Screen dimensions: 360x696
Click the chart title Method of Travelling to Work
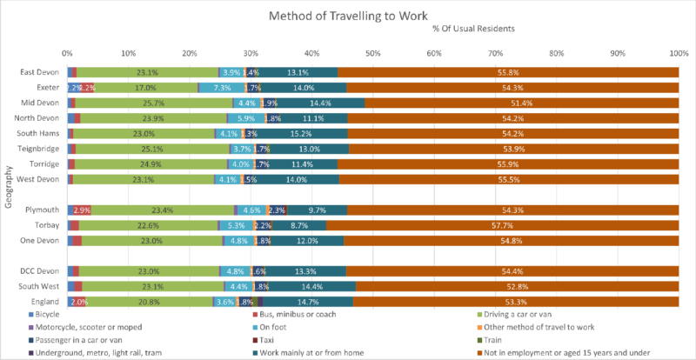point(347,16)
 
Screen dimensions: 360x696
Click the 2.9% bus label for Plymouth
point(82,210)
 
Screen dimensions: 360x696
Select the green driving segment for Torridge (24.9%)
point(151,163)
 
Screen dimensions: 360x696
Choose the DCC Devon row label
point(40,271)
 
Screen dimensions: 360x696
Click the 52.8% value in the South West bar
point(516,286)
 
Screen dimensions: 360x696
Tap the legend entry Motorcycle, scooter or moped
point(86,327)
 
